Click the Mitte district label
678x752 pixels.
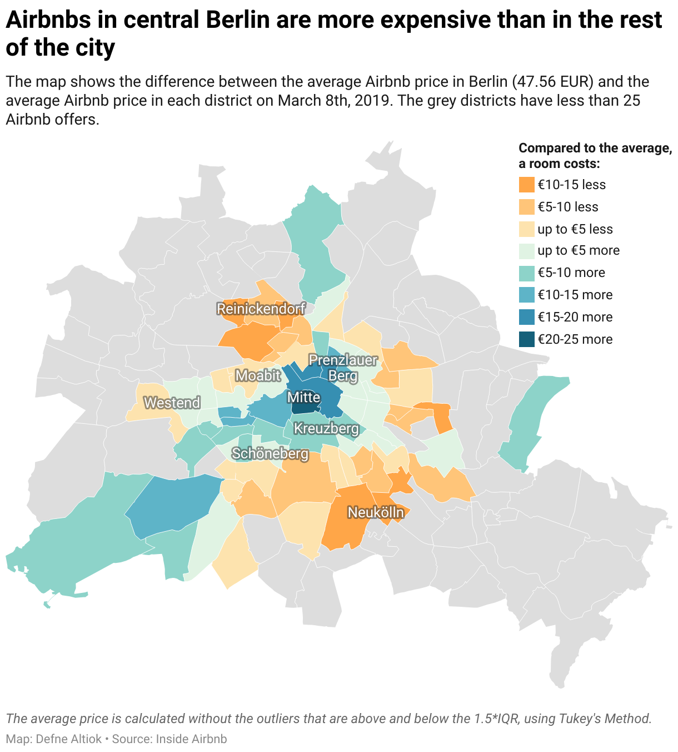[303, 397]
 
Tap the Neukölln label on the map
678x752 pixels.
[376, 512]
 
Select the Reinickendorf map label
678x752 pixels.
[261, 309]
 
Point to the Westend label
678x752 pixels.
[172, 403]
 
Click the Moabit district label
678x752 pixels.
[258, 375]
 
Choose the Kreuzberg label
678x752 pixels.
[326, 429]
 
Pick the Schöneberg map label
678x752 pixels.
[270, 454]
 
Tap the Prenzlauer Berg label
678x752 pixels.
[343, 368]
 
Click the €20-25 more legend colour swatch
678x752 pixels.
[526, 339]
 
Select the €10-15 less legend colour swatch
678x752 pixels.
[526, 185]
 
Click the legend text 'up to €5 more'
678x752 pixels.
[578, 250]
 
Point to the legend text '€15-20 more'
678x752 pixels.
[575, 317]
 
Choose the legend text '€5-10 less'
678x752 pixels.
[567, 207]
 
